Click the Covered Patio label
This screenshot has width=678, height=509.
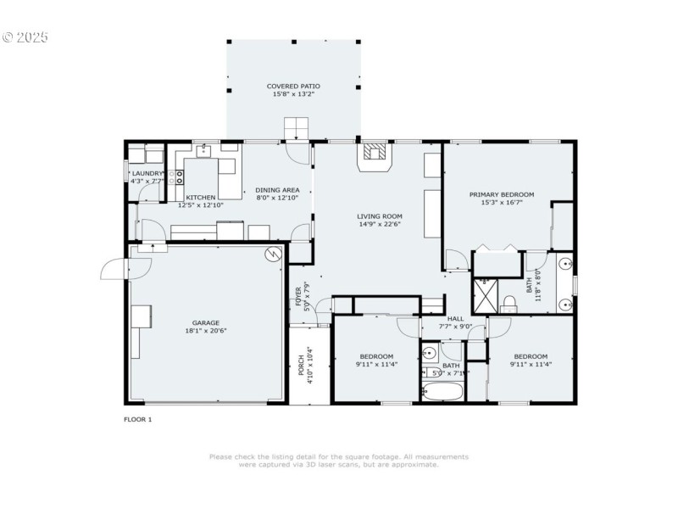[x=292, y=87]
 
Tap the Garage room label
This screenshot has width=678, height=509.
[x=206, y=322]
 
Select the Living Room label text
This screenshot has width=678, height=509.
[x=379, y=216]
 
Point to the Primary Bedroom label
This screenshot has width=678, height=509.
[x=502, y=194]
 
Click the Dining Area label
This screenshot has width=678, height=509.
[x=278, y=190]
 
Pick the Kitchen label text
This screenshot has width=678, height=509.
[x=201, y=197]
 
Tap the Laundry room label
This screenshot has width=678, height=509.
[x=147, y=173]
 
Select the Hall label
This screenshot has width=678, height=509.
[x=456, y=318]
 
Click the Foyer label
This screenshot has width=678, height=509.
[x=298, y=296]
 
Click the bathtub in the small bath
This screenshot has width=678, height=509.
[x=442, y=392]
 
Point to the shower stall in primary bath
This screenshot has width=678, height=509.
[x=485, y=294]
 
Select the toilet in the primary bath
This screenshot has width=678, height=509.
[x=510, y=303]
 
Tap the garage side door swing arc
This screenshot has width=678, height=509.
[x=113, y=270]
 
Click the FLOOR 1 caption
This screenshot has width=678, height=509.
[x=138, y=419]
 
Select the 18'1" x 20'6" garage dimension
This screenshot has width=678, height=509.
[x=206, y=331]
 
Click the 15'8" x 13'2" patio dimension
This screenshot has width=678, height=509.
[x=292, y=95]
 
